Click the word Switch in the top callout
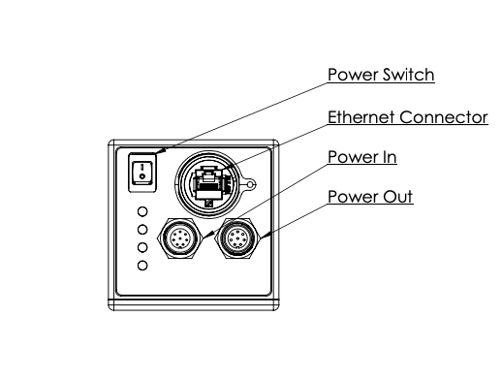coord(408,75)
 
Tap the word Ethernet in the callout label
coord(361,117)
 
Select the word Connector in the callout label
coord(444,117)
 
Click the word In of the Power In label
coord(389,157)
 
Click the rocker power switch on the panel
coord(142,173)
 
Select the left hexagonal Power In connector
coord(180,238)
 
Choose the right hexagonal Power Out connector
coord(237,238)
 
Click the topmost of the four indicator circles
coord(142,211)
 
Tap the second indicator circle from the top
coord(142,230)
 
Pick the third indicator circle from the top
coord(142,247)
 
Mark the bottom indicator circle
coord(142,266)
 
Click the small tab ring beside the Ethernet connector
coord(250,184)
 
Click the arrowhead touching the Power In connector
coord(208,235)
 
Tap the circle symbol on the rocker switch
coord(141,176)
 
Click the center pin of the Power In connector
coord(179,238)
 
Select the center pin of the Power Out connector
coord(237,238)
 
